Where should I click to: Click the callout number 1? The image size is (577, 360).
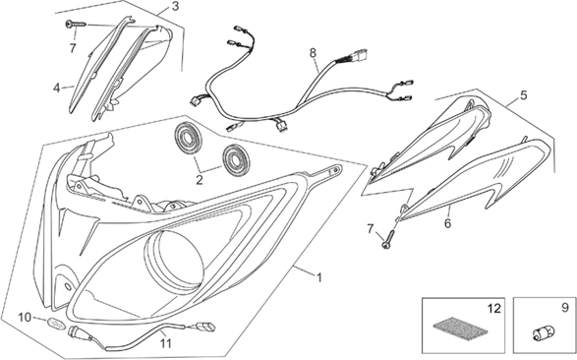point(319,277)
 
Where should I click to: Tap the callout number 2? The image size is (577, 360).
point(200,180)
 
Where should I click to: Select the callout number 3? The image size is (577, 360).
point(175,6)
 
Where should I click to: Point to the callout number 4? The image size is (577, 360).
point(57,88)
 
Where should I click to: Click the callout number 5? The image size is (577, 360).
point(523,95)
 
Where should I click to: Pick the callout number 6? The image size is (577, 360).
point(447,223)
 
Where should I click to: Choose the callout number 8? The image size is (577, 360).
point(313,53)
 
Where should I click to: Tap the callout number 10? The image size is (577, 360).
point(25,318)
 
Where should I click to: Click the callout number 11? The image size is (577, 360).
point(165,343)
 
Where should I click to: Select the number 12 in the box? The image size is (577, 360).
point(494,309)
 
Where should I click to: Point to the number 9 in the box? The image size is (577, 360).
point(565,308)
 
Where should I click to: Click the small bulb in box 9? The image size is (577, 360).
point(544,334)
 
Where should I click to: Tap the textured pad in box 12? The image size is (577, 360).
point(455,330)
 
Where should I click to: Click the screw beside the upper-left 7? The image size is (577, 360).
point(76,25)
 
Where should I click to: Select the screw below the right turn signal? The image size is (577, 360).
point(388,239)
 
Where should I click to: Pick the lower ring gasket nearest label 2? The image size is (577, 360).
point(235,160)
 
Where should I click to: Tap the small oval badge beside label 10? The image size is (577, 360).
point(57,324)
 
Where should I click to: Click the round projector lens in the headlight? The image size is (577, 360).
point(175,262)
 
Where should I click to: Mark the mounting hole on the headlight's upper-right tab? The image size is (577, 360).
point(335,170)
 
